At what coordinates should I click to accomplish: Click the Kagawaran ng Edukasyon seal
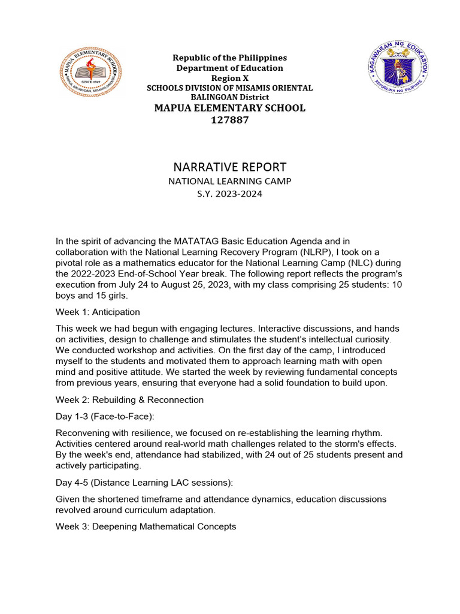point(398,70)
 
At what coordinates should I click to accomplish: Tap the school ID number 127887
point(230,120)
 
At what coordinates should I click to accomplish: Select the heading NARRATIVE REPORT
point(230,167)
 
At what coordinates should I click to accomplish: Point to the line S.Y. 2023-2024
point(230,194)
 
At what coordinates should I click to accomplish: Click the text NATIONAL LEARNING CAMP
point(230,181)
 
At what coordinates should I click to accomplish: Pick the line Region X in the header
point(230,78)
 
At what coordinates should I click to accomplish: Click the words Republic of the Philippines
point(230,58)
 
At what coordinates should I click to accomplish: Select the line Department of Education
point(230,68)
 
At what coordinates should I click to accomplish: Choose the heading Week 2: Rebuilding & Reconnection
point(129,399)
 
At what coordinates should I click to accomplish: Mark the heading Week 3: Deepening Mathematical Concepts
point(146,526)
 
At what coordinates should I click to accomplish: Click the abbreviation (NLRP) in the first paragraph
point(307,252)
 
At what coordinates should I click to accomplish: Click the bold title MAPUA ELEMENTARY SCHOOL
point(230,108)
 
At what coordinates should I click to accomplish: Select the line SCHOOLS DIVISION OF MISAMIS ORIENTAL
point(230,88)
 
